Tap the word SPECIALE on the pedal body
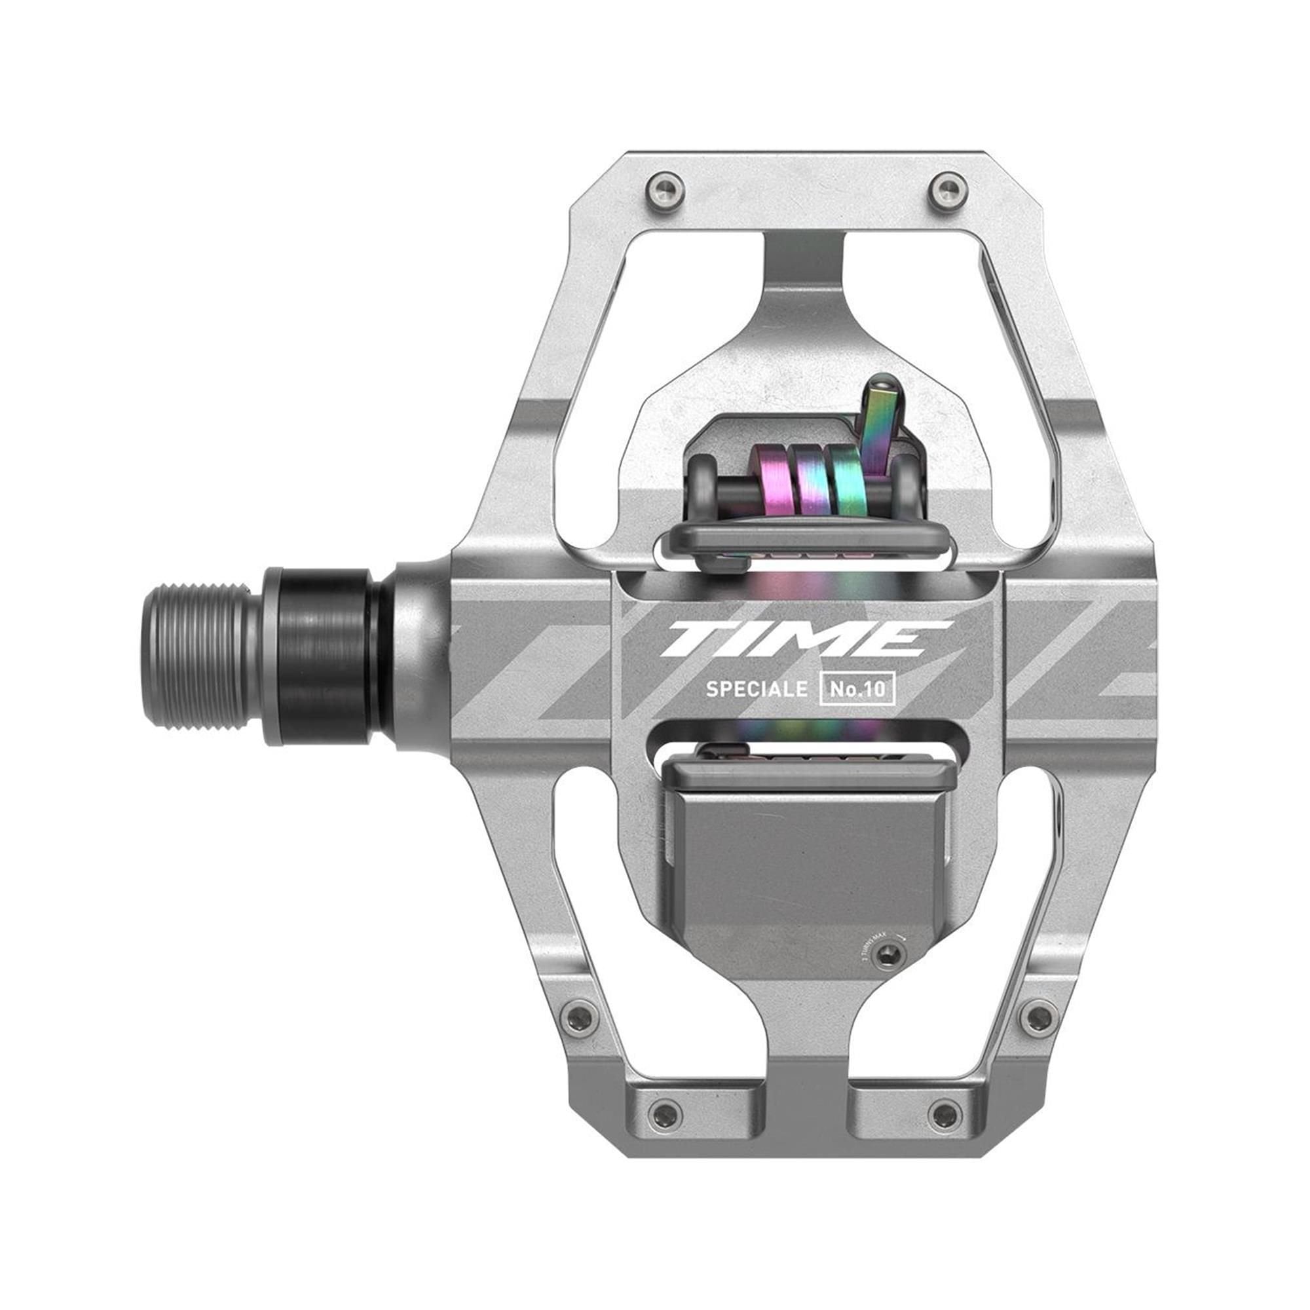click(756, 690)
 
